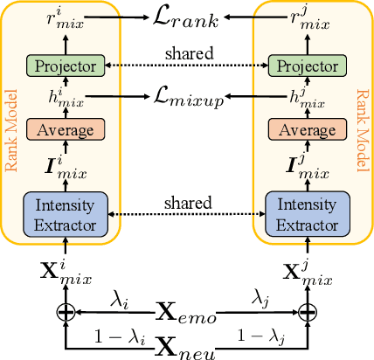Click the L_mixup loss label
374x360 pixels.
coord(186,95)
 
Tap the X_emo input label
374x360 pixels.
coord(188,310)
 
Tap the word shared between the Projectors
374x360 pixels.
coord(186,54)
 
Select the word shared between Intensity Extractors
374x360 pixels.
coord(186,203)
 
